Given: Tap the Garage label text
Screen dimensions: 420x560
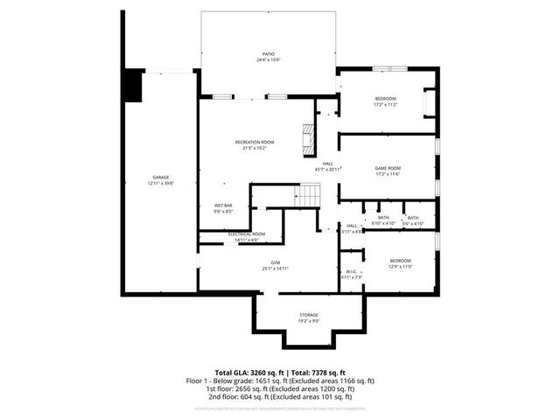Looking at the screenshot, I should [x=160, y=178].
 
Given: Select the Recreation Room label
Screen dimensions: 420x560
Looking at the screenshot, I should [x=255, y=142].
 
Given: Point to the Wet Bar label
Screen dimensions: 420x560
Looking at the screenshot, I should [x=223, y=206].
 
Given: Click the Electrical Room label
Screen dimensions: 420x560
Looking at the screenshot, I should [x=246, y=234].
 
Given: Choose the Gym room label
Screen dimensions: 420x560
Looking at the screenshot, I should [x=275, y=262].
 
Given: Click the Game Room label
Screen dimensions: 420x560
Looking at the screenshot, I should [x=388, y=168].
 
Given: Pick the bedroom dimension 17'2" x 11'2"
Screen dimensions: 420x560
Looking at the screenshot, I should [x=386, y=105].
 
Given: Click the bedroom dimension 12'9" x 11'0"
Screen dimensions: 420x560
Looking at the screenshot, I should [x=401, y=266].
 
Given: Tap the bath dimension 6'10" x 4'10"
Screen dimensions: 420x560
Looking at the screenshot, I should [x=383, y=224].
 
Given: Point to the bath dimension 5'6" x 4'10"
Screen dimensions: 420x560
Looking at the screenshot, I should [x=412, y=224].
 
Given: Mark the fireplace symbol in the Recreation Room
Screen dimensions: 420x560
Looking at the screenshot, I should [x=308, y=137].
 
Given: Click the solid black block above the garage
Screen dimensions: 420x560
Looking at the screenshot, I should [x=131, y=86].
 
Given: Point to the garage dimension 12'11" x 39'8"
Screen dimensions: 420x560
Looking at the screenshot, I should [x=160, y=184].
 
